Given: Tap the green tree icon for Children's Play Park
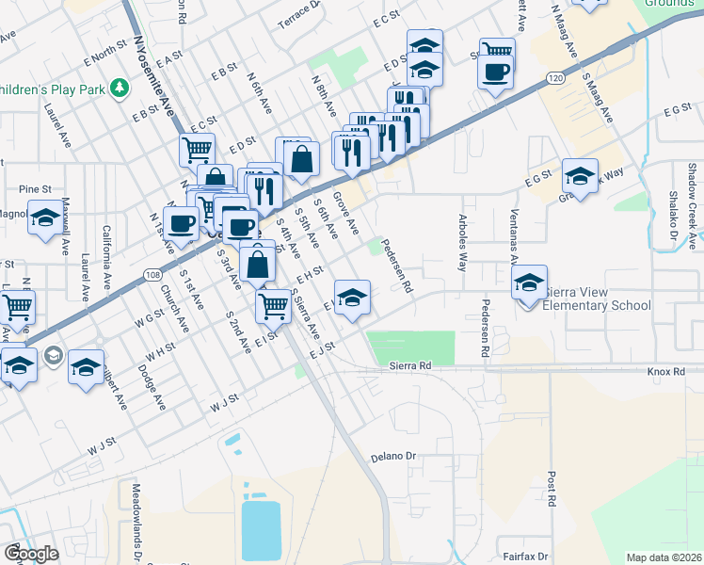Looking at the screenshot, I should [120, 89].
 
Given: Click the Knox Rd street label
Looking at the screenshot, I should [665, 372].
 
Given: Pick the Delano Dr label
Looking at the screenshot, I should [397, 457].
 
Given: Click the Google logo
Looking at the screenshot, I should [31, 554].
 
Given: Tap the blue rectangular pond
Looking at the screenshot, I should [261, 530].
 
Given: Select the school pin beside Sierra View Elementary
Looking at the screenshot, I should [530, 282].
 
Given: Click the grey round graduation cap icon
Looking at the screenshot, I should [54, 355].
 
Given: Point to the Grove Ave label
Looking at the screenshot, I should [346, 216].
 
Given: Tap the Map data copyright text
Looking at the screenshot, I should [664, 557].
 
